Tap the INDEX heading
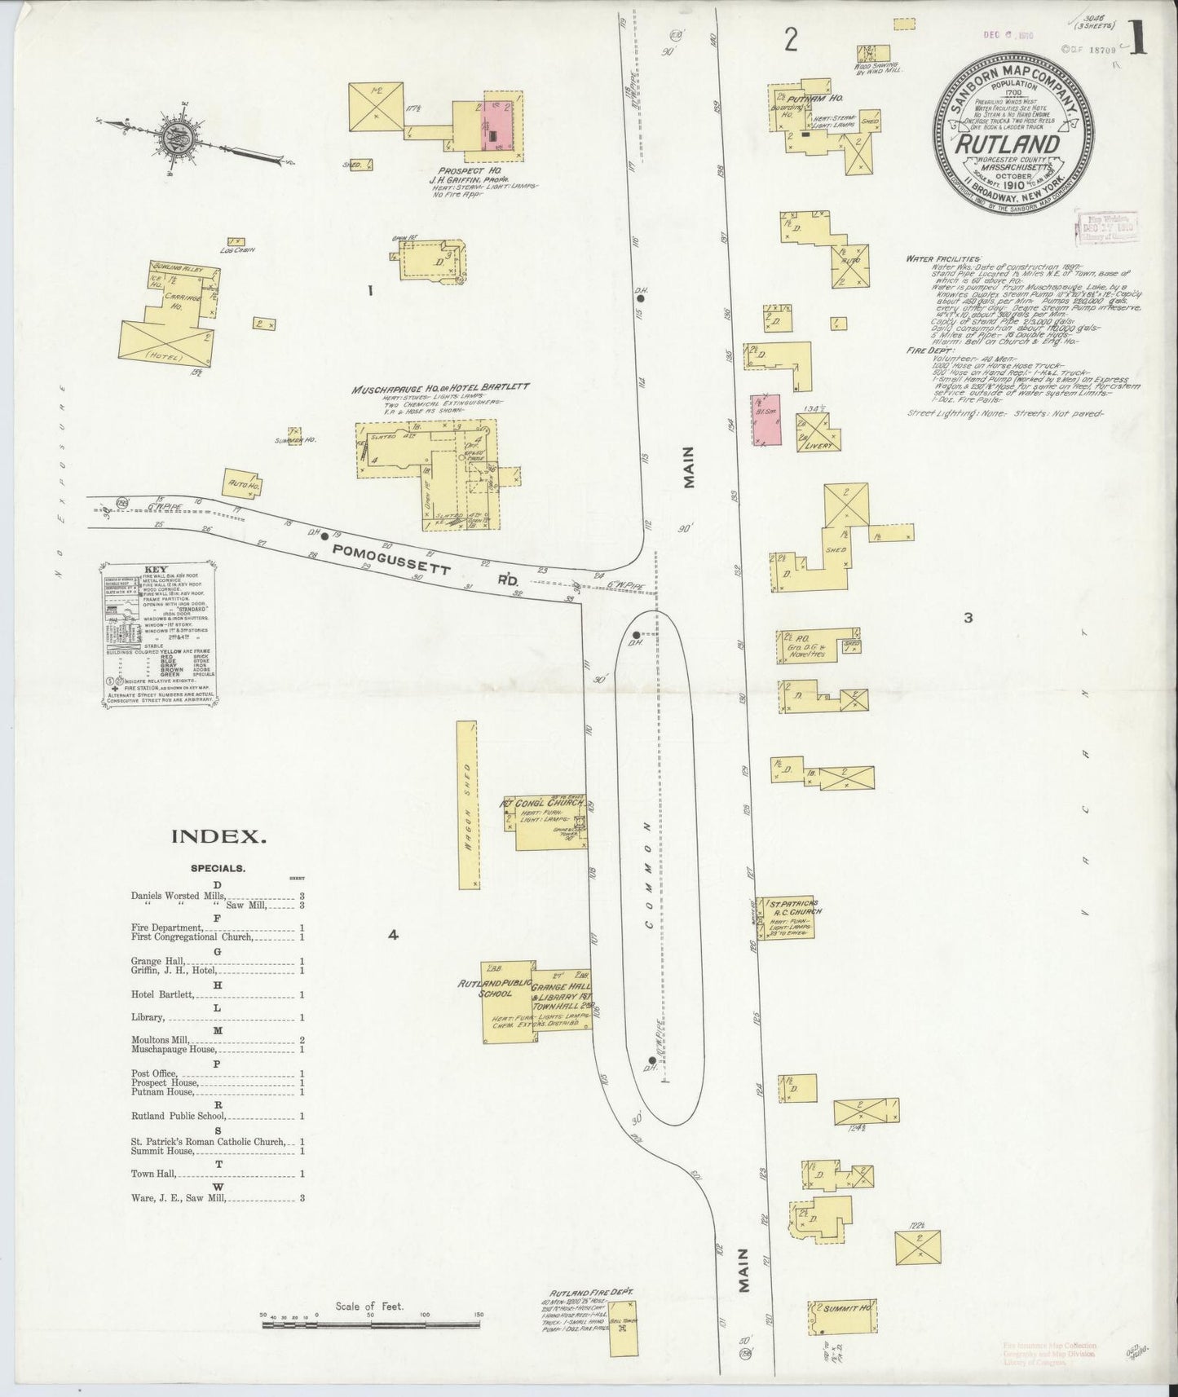pyautogui.click(x=217, y=835)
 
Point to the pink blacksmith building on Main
pyautogui.click(x=766, y=419)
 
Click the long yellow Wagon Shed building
pyautogui.click(x=468, y=803)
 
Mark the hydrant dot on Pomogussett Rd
pyautogui.click(x=324, y=536)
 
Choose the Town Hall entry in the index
pyautogui.click(x=153, y=1174)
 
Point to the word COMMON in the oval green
pyautogui.click(x=650, y=874)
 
